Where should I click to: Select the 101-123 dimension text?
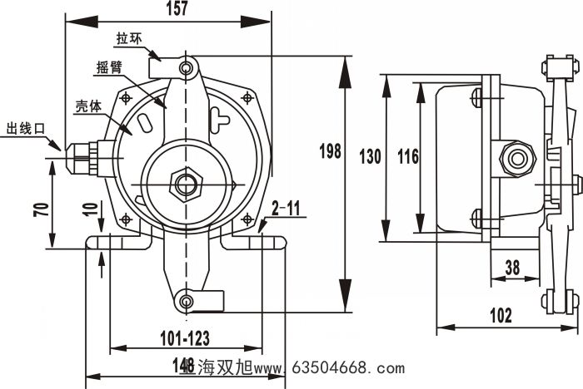pos(184,337)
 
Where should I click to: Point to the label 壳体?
pos(88,106)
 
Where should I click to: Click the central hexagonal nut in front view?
pos(182,182)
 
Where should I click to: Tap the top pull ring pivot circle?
pos(188,65)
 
